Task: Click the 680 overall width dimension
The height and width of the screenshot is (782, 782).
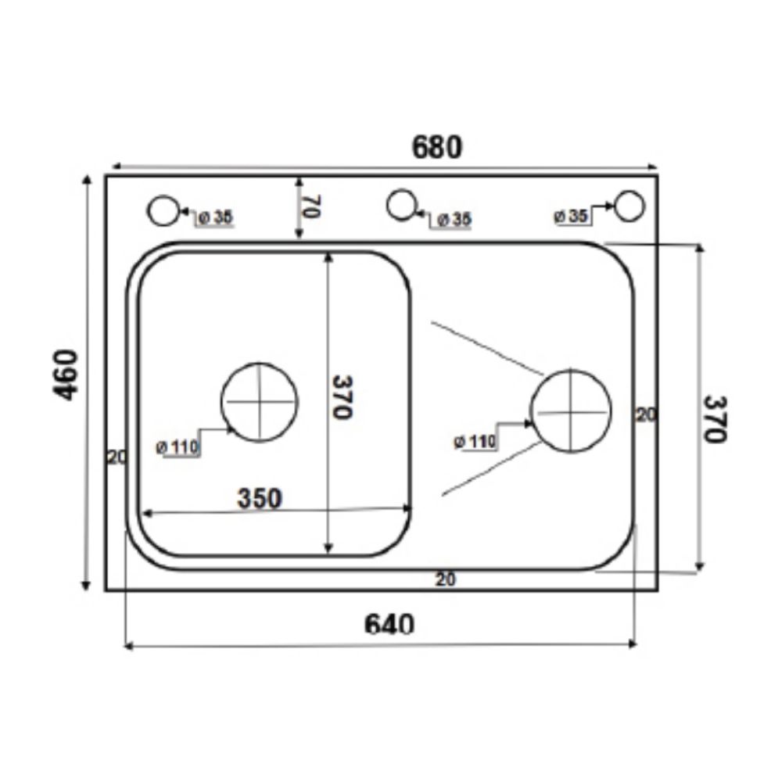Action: coord(438,147)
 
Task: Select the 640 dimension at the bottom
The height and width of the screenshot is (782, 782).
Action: coord(389,623)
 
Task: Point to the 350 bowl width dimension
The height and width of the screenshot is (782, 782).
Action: coord(259,498)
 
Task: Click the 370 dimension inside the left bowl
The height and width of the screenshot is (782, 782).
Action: coord(342,396)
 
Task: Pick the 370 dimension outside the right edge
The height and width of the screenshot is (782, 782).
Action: coord(713,418)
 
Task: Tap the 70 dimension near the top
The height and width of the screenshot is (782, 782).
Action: coord(310,207)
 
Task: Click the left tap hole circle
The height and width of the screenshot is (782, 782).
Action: coord(163,210)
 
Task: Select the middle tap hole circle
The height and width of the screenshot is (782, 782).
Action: coord(401,205)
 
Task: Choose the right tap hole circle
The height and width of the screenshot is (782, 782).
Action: coord(629,206)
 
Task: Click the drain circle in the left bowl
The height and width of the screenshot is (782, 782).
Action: coord(260,402)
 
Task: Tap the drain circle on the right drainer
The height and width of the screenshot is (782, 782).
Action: coord(571,411)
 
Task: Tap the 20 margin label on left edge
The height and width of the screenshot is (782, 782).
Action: coord(117,457)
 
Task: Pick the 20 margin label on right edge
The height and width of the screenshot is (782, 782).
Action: coord(645,415)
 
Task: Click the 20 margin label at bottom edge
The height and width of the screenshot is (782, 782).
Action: coord(446,579)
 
